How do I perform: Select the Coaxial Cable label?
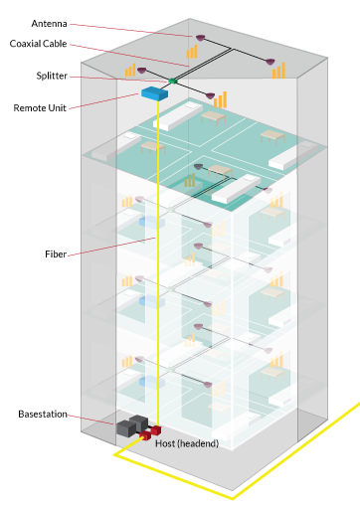(x=39, y=44)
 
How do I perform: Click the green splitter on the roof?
(x=172, y=81)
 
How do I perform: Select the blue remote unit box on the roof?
(x=153, y=93)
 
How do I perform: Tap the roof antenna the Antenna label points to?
(x=199, y=40)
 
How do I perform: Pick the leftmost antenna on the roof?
(x=141, y=71)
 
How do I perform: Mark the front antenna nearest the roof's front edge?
(x=210, y=95)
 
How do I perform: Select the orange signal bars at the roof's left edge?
(x=129, y=71)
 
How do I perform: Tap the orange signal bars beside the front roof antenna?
(x=220, y=99)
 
